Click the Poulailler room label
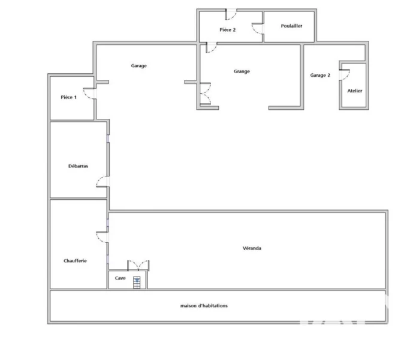[291, 26]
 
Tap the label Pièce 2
[227, 30]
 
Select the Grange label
[242, 71]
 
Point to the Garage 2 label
[320, 75]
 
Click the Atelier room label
[355, 91]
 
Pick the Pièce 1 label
[68, 97]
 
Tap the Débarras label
[78, 166]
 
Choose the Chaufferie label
[75, 260]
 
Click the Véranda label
[252, 248]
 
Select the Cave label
[120, 278]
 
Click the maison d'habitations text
[204, 305]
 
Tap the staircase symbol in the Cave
[137, 282]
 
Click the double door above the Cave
[138, 265]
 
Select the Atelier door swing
[345, 74]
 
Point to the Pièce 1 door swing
[89, 94]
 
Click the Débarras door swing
[102, 181]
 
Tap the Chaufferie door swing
[102, 237]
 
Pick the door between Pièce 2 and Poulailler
[258, 29]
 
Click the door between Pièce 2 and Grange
[212, 47]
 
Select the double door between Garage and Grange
[205, 94]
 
